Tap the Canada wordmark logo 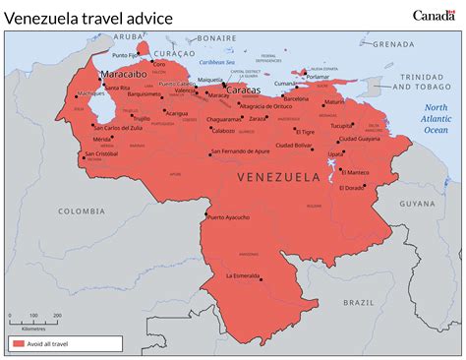pyautogui.click(x=434, y=15)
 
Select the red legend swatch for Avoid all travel pyautogui.click(x=19, y=343)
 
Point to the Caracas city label pyautogui.click(x=243, y=90)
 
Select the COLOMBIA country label pyautogui.click(x=81, y=210)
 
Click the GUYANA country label pyautogui.click(x=416, y=204)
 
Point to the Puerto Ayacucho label pyautogui.click(x=229, y=217)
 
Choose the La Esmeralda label pyautogui.click(x=242, y=275)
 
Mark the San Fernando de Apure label pyautogui.click(x=241, y=151)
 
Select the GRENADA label pyautogui.click(x=394, y=43)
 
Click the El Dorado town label pyautogui.click(x=354, y=187)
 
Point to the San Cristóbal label pyautogui.click(x=101, y=153)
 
